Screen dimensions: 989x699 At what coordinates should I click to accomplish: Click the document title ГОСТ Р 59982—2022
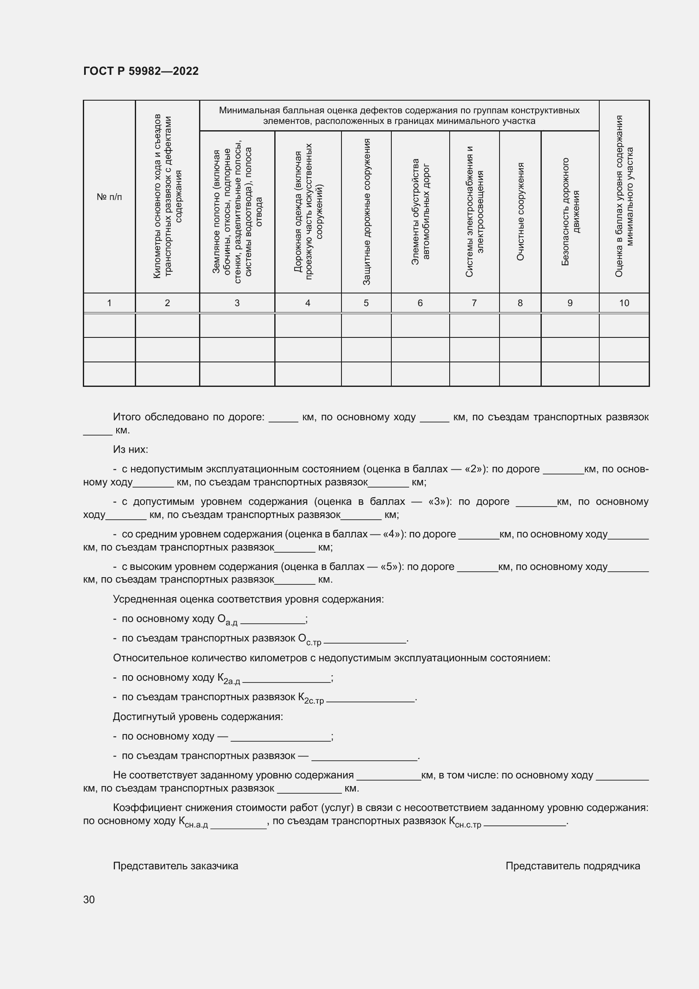point(141,71)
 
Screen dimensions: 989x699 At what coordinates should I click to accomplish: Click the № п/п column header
point(109,197)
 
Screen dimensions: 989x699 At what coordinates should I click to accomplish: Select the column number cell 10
point(624,303)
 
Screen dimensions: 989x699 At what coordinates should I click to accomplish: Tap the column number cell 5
point(366,303)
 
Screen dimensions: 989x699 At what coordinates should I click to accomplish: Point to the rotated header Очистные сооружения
point(520,211)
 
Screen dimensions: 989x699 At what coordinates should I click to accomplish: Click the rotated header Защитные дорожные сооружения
point(366,211)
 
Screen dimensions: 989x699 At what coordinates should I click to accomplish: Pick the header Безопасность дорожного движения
point(570,211)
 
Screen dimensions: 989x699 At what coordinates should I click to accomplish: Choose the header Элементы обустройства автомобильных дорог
point(420,211)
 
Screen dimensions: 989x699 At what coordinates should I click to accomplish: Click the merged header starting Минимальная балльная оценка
point(399,115)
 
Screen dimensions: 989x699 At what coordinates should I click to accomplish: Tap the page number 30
point(89,899)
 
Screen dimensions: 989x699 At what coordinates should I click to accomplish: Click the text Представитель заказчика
point(175,866)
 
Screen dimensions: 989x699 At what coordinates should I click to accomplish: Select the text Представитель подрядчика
point(573,866)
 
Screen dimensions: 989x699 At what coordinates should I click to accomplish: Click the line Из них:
point(131,449)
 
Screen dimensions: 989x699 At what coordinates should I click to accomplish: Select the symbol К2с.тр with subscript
point(311,698)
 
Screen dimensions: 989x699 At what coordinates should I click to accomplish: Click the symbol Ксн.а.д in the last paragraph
point(193,822)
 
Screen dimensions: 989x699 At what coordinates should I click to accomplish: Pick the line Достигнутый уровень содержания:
point(197,717)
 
